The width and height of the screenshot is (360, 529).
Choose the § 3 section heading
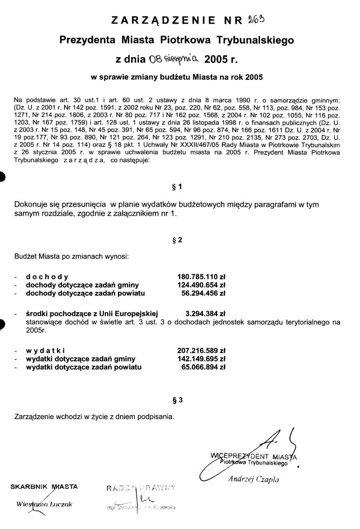(x=177, y=399)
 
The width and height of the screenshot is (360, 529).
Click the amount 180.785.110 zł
(x=201, y=277)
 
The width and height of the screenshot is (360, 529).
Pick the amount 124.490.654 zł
(x=201, y=285)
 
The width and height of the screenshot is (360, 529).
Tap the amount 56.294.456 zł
(x=204, y=293)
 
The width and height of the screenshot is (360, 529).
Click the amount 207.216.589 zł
(x=201, y=351)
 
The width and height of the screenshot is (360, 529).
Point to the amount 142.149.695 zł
(x=201, y=359)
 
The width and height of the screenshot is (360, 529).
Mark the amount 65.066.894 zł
(x=204, y=367)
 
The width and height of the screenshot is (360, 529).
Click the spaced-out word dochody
(x=47, y=277)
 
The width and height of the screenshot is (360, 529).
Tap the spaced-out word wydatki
(x=46, y=351)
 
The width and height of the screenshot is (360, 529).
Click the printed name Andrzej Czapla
(x=254, y=479)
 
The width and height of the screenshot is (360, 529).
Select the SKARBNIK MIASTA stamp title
(x=44, y=487)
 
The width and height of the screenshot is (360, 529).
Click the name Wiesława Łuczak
(x=44, y=504)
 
